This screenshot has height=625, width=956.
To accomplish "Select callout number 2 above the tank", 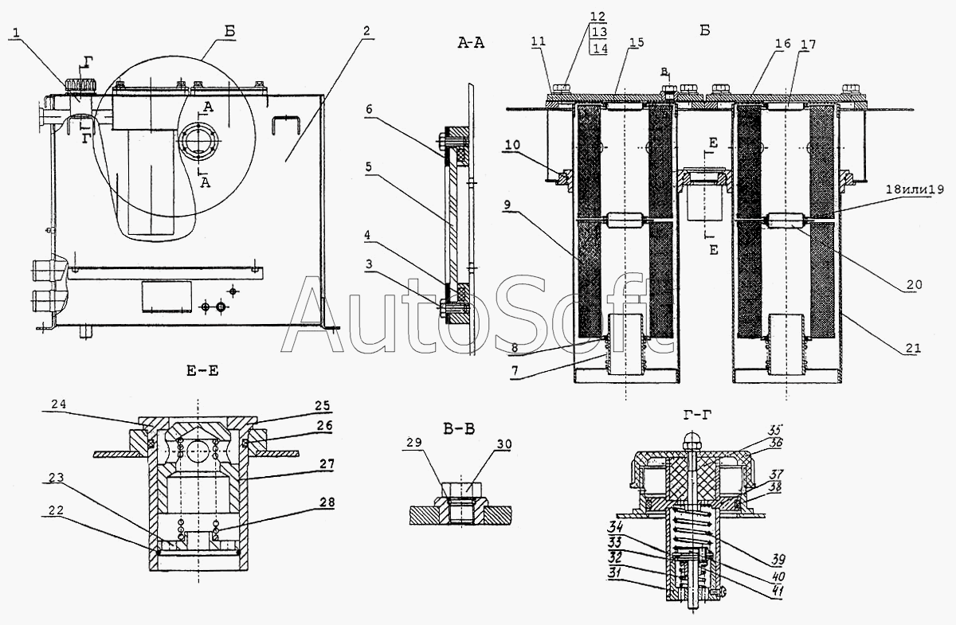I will coord(366,32).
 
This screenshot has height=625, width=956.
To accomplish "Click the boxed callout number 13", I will coord(598,33).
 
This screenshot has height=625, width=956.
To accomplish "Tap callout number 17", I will coord(809,45).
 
